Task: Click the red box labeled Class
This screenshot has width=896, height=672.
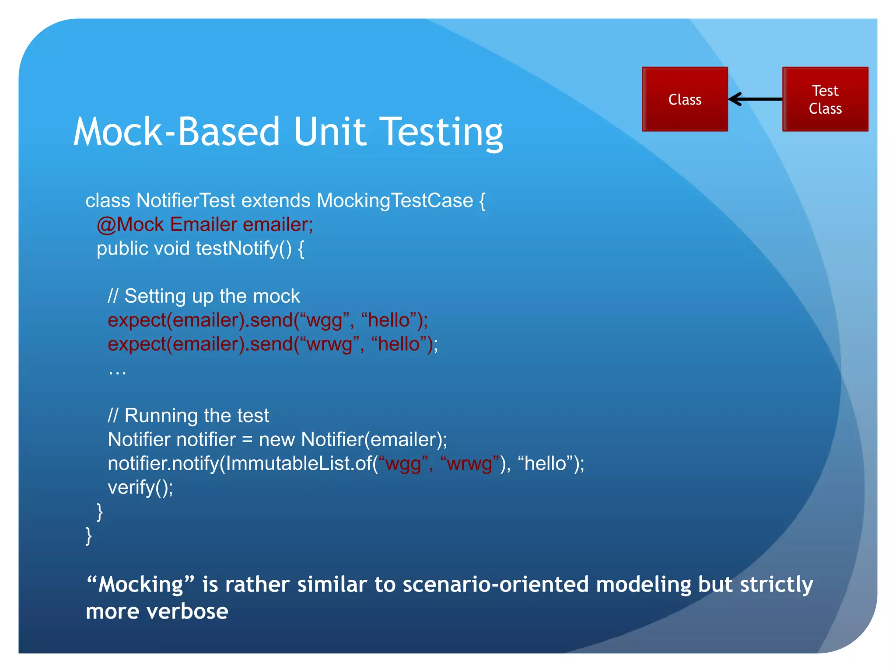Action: coord(685,99)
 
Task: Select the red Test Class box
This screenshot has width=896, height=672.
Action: coord(825,99)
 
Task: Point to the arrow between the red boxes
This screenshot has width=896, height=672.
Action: coord(755,99)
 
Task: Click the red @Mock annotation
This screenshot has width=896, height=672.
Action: coord(130,225)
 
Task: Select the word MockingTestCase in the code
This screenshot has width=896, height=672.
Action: coord(395,201)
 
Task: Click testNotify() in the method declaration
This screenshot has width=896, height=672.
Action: coord(244,248)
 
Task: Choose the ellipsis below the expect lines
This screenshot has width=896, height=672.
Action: coord(117,372)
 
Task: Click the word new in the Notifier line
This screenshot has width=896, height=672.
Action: coord(276,440)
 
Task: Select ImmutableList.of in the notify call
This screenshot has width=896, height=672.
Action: coord(299,464)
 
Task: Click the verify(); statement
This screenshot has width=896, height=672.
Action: coord(140,487)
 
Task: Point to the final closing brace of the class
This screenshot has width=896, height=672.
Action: coord(89,535)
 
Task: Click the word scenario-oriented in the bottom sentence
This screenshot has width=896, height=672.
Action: coord(496,584)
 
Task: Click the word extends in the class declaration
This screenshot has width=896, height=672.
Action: coord(276,201)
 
